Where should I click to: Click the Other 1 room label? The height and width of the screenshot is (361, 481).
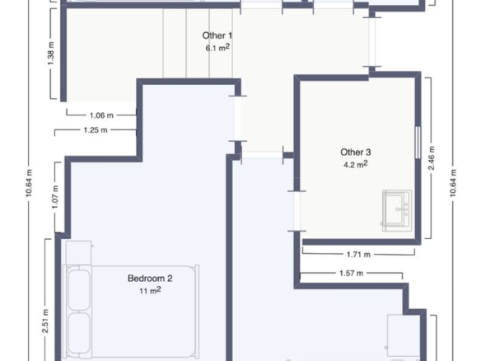click(x=217, y=35)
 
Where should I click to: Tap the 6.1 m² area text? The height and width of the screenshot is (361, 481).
click(x=217, y=48)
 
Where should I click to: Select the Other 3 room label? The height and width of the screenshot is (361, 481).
click(x=356, y=152)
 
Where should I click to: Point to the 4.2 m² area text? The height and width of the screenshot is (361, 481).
click(x=356, y=164)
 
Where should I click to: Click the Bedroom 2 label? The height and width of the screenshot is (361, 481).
click(x=150, y=279)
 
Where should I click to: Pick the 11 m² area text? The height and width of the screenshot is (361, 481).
click(x=150, y=290)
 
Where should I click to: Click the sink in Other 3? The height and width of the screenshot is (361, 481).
click(x=397, y=211)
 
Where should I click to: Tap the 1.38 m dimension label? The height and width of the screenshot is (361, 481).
click(x=51, y=53)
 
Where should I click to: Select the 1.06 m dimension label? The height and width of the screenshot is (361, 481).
click(x=101, y=115)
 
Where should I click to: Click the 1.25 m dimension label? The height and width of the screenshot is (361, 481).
click(x=96, y=130)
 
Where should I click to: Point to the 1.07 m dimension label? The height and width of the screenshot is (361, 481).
click(x=55, y=197)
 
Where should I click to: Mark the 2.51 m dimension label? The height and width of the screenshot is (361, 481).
click(x=45, y=321)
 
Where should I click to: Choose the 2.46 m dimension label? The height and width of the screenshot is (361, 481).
click(x=432, y=157)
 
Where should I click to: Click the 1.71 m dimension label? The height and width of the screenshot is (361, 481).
click(x=358, y=255)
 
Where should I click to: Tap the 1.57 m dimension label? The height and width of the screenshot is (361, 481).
click(x=351, y=273)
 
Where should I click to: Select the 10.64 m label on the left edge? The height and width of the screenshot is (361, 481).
click(x=29, y=183)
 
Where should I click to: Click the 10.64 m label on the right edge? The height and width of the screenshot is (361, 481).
click(x=453, y=183)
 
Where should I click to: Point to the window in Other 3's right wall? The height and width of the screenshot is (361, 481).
click(x=418, y=143)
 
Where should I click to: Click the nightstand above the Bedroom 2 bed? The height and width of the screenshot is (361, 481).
click(x=78, y=253)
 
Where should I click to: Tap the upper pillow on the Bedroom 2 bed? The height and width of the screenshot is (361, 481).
click(x=79, y=290)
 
